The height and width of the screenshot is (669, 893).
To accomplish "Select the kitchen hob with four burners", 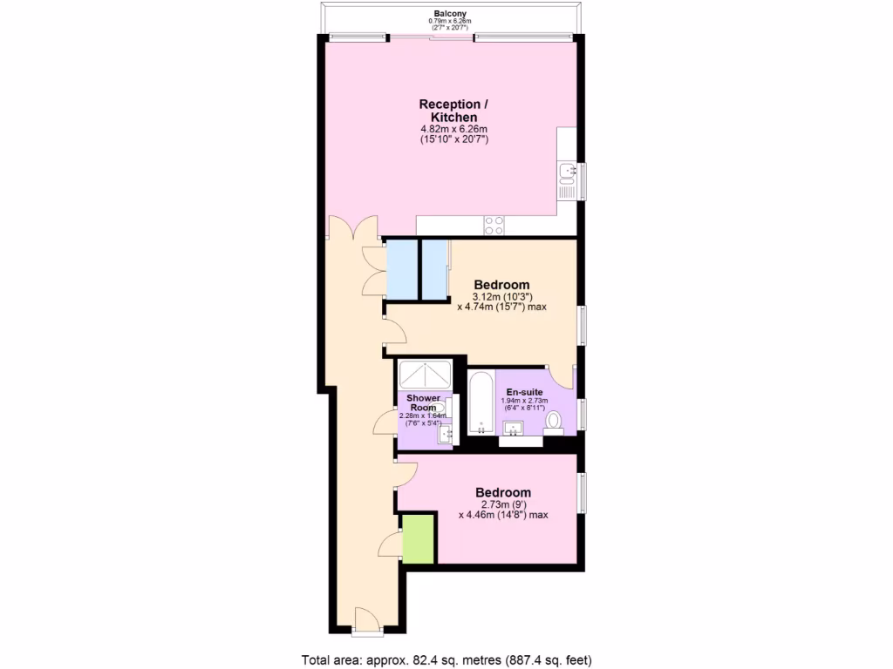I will coord(494,225).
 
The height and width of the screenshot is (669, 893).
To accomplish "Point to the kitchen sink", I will coord(568,170).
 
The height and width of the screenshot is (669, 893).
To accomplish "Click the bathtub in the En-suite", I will coord(481,402).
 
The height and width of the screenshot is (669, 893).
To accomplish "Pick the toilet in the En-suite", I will coord(553,422).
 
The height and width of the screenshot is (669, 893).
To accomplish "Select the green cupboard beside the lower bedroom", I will coord(419,539).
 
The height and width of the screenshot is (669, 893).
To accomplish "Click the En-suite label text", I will coord(526,392).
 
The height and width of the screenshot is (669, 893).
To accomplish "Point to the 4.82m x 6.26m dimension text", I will coord(453,130).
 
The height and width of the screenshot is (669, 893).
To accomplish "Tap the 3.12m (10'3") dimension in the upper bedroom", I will coord(501,296).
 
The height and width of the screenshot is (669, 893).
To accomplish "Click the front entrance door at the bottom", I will coord(366,619).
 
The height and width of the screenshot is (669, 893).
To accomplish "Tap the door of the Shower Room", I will coord(385,424).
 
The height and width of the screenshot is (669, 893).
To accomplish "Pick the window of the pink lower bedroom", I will coord(583,492).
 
